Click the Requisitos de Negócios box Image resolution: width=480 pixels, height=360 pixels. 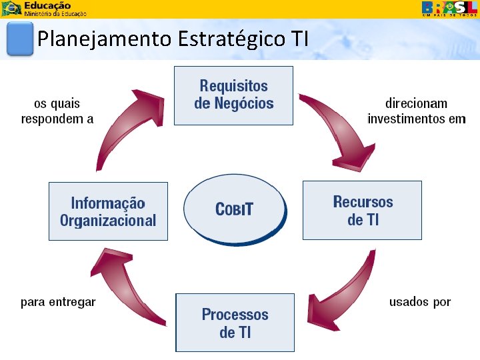click(x=233, y=95)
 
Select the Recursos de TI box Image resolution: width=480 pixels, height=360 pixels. click(x=362, y=210)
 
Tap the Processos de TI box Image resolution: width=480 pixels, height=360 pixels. click(x=235, y=323)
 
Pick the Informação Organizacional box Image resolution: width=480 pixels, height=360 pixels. click(x=108, y=211)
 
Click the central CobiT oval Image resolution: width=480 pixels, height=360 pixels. click(x=235, y=209)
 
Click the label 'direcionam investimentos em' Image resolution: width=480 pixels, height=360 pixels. click(x=417, y=111)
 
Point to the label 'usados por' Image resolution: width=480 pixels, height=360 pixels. click(x=420, y=302)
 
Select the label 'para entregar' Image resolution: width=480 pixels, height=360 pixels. click(x=58, y=302)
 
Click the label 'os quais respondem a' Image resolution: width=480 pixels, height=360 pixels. click(x=57, y=111)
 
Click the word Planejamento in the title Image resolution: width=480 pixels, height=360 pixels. click(x=105, y=39)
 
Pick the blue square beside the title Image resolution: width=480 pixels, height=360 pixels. click(x=19, y=39)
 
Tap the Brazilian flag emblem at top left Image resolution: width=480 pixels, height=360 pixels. click(x=12, y=9)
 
